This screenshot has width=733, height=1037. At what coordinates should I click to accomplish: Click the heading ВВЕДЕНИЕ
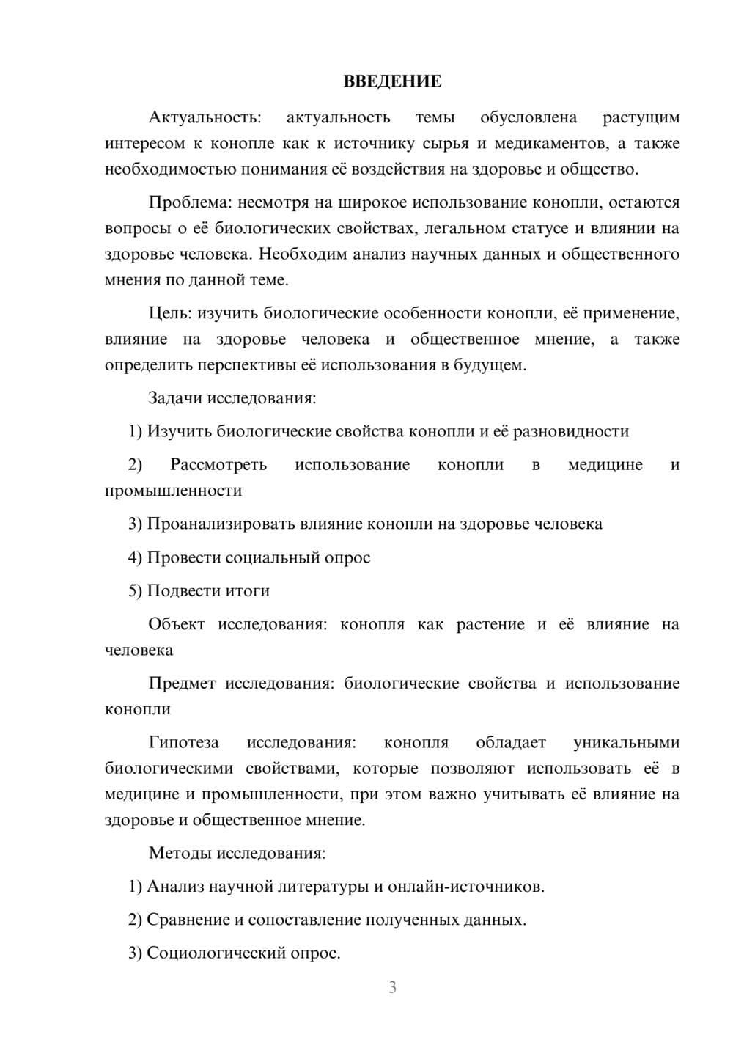tap(392, 81)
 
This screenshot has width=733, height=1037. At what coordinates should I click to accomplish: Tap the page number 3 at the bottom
tap(392, 987)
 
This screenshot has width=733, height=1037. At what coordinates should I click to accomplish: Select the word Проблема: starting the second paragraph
tap(191, 202)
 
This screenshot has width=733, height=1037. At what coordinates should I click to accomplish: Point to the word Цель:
tap(170, 313)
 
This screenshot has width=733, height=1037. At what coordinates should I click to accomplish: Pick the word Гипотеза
tap(183, 742)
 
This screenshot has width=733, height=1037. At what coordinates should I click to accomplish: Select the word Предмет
tap(182, 684)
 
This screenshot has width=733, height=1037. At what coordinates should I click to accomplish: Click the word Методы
tap(177, 853)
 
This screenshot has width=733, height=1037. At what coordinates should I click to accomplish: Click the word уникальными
tap(627, 742)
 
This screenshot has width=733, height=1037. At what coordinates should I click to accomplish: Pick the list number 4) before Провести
tap(135, 557)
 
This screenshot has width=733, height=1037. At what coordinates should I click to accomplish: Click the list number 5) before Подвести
tap(135, 590)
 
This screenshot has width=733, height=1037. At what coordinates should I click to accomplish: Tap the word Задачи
tap(175, 398)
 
